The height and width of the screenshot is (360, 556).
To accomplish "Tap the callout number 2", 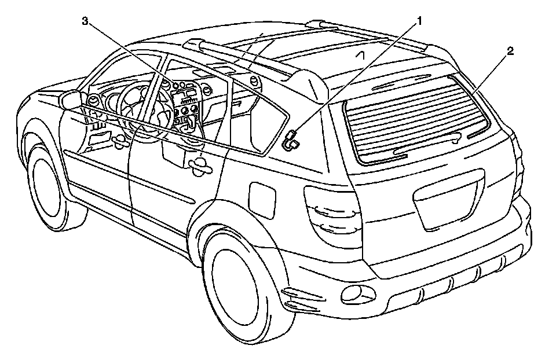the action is coord(510,52).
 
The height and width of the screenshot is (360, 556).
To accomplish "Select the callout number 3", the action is coord(85,21).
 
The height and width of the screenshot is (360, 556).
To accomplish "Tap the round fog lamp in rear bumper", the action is coord(350,293).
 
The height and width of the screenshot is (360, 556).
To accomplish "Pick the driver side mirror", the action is coord(71,100).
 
